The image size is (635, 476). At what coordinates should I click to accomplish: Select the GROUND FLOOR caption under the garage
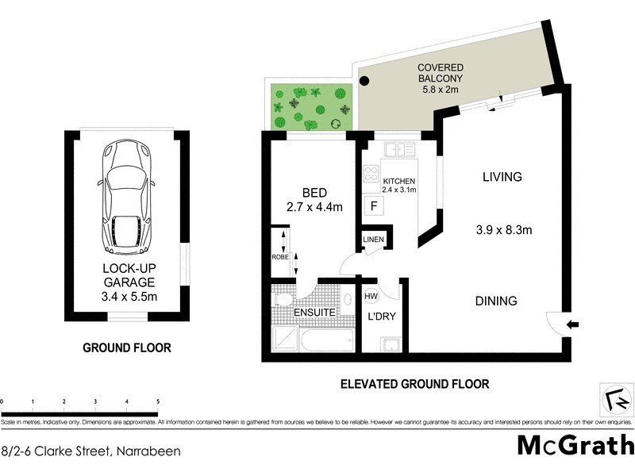(128, 347)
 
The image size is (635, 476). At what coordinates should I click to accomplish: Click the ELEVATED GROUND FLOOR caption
(414, 384)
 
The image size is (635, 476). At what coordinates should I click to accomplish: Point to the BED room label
(314, 193)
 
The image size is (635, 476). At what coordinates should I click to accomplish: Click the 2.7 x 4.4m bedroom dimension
(314, 208)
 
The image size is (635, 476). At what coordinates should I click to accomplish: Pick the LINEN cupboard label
(373, 240)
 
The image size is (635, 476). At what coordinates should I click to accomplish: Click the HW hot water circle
(371, 296)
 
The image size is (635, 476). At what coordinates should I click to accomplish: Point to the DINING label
(496, 301)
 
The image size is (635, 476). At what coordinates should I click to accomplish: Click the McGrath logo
(575, 445)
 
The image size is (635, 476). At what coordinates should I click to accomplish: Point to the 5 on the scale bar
(158, 401)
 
